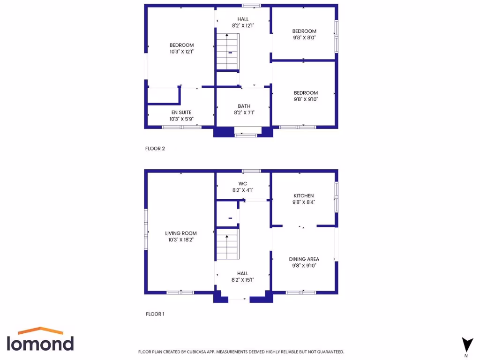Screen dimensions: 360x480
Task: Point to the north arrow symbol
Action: click(x=467, y=345)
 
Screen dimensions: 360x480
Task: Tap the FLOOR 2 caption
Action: click(x=155, y=149)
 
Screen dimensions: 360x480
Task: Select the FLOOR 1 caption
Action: click(x=155, y=314)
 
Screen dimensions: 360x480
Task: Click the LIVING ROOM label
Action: click(x=181, y=233)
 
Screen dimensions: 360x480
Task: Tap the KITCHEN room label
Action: click(x=304, y=196)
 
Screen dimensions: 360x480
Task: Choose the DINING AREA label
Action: click(x=304, y=259)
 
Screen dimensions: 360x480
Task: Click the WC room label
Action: click(x=243, y=184)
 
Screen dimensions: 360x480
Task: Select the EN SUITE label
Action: click(x=181, y=112)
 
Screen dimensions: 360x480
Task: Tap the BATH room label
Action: click(x=244, y=106)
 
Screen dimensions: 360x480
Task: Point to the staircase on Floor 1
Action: click(x=227, y=244)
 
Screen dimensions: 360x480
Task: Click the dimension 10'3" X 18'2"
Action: click(x=181, y=240)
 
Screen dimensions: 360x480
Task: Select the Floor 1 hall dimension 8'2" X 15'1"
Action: click(x=243, y=280)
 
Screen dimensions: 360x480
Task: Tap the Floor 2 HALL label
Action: click(x=243, y=19)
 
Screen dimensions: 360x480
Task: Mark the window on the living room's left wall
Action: click(x=146, y=230)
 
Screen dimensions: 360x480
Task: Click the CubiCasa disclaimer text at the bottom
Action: click(x=241, y=352)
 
